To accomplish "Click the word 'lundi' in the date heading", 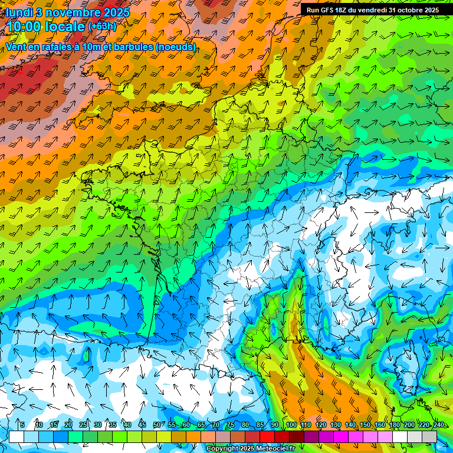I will (x=19, y=12).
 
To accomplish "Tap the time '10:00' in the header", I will (x=24, y=27).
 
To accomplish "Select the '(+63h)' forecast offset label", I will (x=102, y=27).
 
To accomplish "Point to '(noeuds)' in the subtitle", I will (x=175, y=47).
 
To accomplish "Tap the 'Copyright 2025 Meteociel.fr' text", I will (x=250, y=449).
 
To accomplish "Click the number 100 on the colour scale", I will (x=291, y=425).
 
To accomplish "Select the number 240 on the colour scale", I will (x=438, y=425).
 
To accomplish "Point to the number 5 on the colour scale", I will (x=22, y=425).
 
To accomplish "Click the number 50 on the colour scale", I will (x=156, y=425).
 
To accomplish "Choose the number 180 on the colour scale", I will (x=394, y=425).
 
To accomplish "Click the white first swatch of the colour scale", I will (x=17, y=436).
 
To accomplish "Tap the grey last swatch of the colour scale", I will (x=429, y=436).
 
